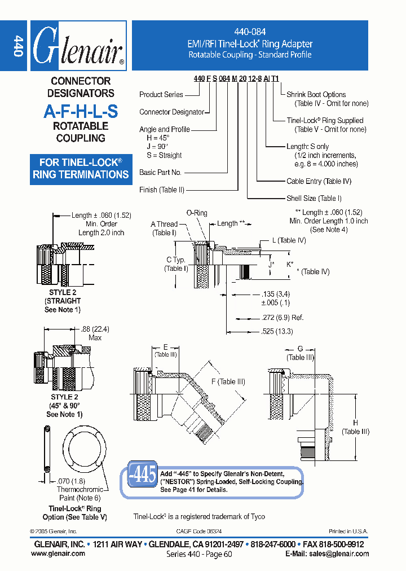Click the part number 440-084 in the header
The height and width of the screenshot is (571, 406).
(x=250, y=32)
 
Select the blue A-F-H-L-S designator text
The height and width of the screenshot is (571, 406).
(x=81, y=111)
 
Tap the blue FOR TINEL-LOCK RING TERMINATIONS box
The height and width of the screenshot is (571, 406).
(x=81, y=169)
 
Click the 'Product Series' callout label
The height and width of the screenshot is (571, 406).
(x=161, y=94)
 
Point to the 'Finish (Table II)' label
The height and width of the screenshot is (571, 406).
(x=162, y=190)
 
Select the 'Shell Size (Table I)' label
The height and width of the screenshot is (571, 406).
(x=314, y=199)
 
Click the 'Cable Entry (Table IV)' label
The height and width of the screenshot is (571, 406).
(x=319, y=181)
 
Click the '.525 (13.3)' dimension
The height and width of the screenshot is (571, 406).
(x=277, y=331)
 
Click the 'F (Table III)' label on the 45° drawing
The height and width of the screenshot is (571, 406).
(x=228, y=382)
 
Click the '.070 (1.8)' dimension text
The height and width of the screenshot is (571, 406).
(x=71, y=481)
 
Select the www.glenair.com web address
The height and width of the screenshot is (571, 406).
(x=58, y=554)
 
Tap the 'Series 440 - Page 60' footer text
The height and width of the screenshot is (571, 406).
(x=199, y=554)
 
